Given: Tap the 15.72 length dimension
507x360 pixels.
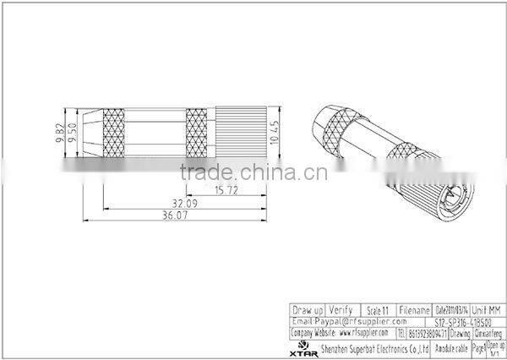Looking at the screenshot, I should pyautogui.click(x=225, y=189).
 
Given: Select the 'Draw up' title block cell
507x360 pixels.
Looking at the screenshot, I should pyautogui.click(x=307, y=310).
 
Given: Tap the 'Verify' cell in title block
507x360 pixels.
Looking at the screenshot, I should pyautogui.click(x=341, y=310).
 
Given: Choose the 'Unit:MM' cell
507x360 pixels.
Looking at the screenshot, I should pyautogui.click(x=488, y=310).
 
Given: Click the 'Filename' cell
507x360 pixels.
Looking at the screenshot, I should pyautogui.click(x=414, y=310).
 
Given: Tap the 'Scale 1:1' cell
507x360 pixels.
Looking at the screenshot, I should pyautogui.click(x=377, y=310).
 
